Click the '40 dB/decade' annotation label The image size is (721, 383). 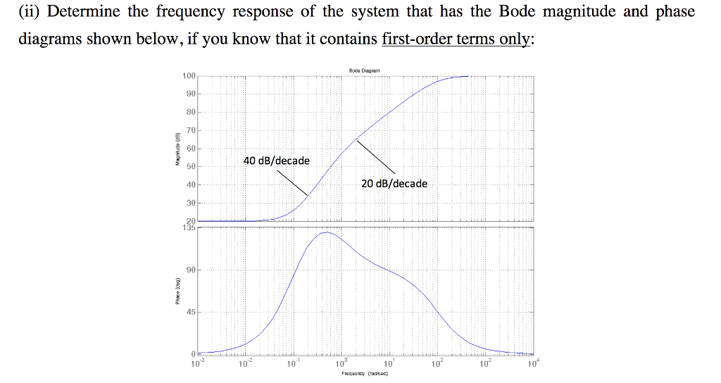276,161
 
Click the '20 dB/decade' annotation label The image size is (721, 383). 394,183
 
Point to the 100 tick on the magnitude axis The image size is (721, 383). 189,76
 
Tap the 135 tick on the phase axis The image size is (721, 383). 189,227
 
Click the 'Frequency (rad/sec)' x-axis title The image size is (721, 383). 365,374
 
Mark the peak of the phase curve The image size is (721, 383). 326,232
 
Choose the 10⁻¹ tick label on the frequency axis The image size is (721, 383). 291,363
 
